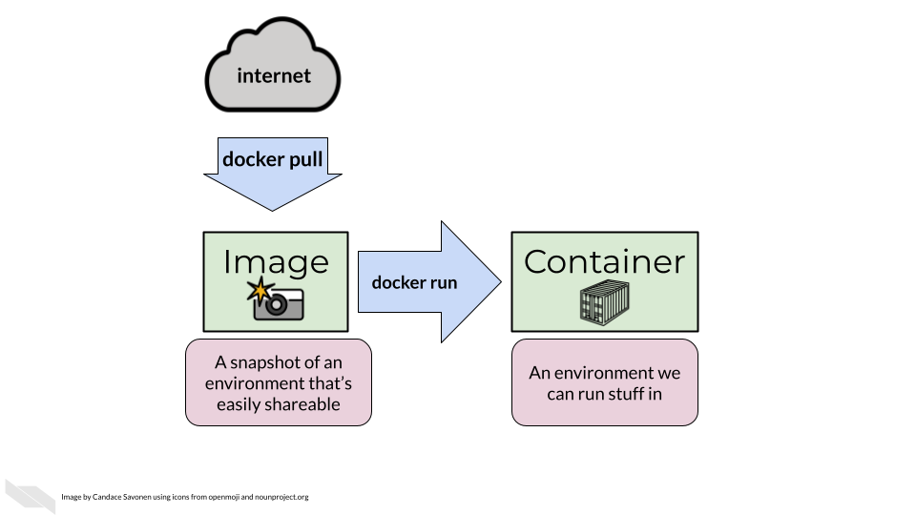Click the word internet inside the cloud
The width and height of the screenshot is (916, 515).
pyautogui.click(x=274, y=75)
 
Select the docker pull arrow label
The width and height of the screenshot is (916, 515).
pyautogui.click(x=272, y=159)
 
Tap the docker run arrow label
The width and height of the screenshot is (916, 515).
pyautogui.click(x=414, y=282)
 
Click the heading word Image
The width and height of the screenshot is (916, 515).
pyautogui.click(x=276, y=262)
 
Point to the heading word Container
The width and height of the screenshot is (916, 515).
pyautogui.click(x=604, y=262)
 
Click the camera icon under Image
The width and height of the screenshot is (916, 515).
pyautogui.click(x=277, y=300)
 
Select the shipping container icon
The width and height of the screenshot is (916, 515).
pyautogui.click(x=604, y=301)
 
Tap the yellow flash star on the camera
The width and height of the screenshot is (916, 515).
pyautogui.click(x=258, y=289)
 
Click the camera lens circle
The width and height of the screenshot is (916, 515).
pyautogui.click(x=276, y=304)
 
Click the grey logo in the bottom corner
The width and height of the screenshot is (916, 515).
pyautogui.click(x=31, y=496)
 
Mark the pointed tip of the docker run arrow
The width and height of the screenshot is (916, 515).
pyautogui.click(x=499, y=281)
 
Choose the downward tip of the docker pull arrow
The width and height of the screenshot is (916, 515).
pyautogui.click(x=273, y=209)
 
